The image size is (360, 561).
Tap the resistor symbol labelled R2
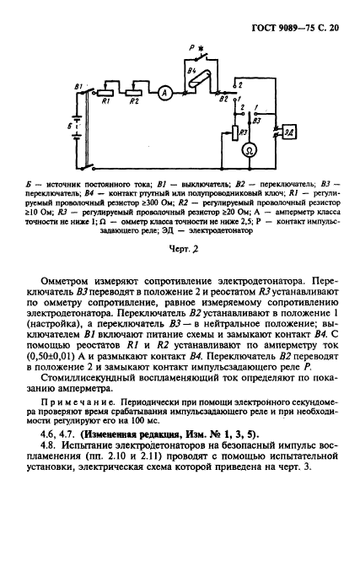(132, 94)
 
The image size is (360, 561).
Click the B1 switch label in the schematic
(79, 86)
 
